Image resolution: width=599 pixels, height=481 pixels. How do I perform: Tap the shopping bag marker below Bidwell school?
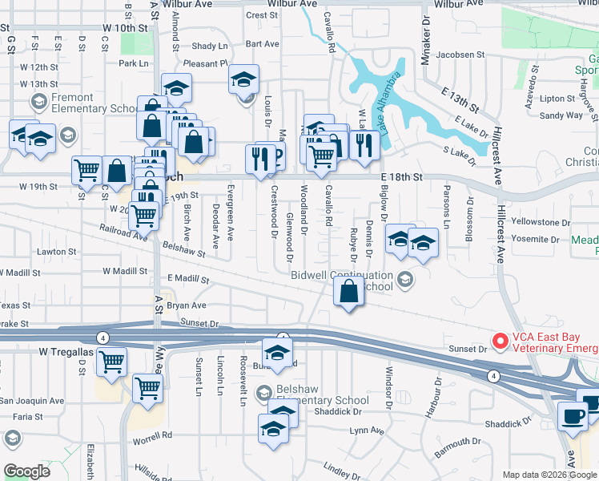[348, 294]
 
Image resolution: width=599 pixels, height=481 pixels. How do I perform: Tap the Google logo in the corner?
[27, 471]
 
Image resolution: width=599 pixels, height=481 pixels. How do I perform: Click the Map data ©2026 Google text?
[549, 475]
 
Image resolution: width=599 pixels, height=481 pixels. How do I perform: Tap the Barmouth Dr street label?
[452, 445]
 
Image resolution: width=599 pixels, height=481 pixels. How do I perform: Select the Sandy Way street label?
[561, 115]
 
